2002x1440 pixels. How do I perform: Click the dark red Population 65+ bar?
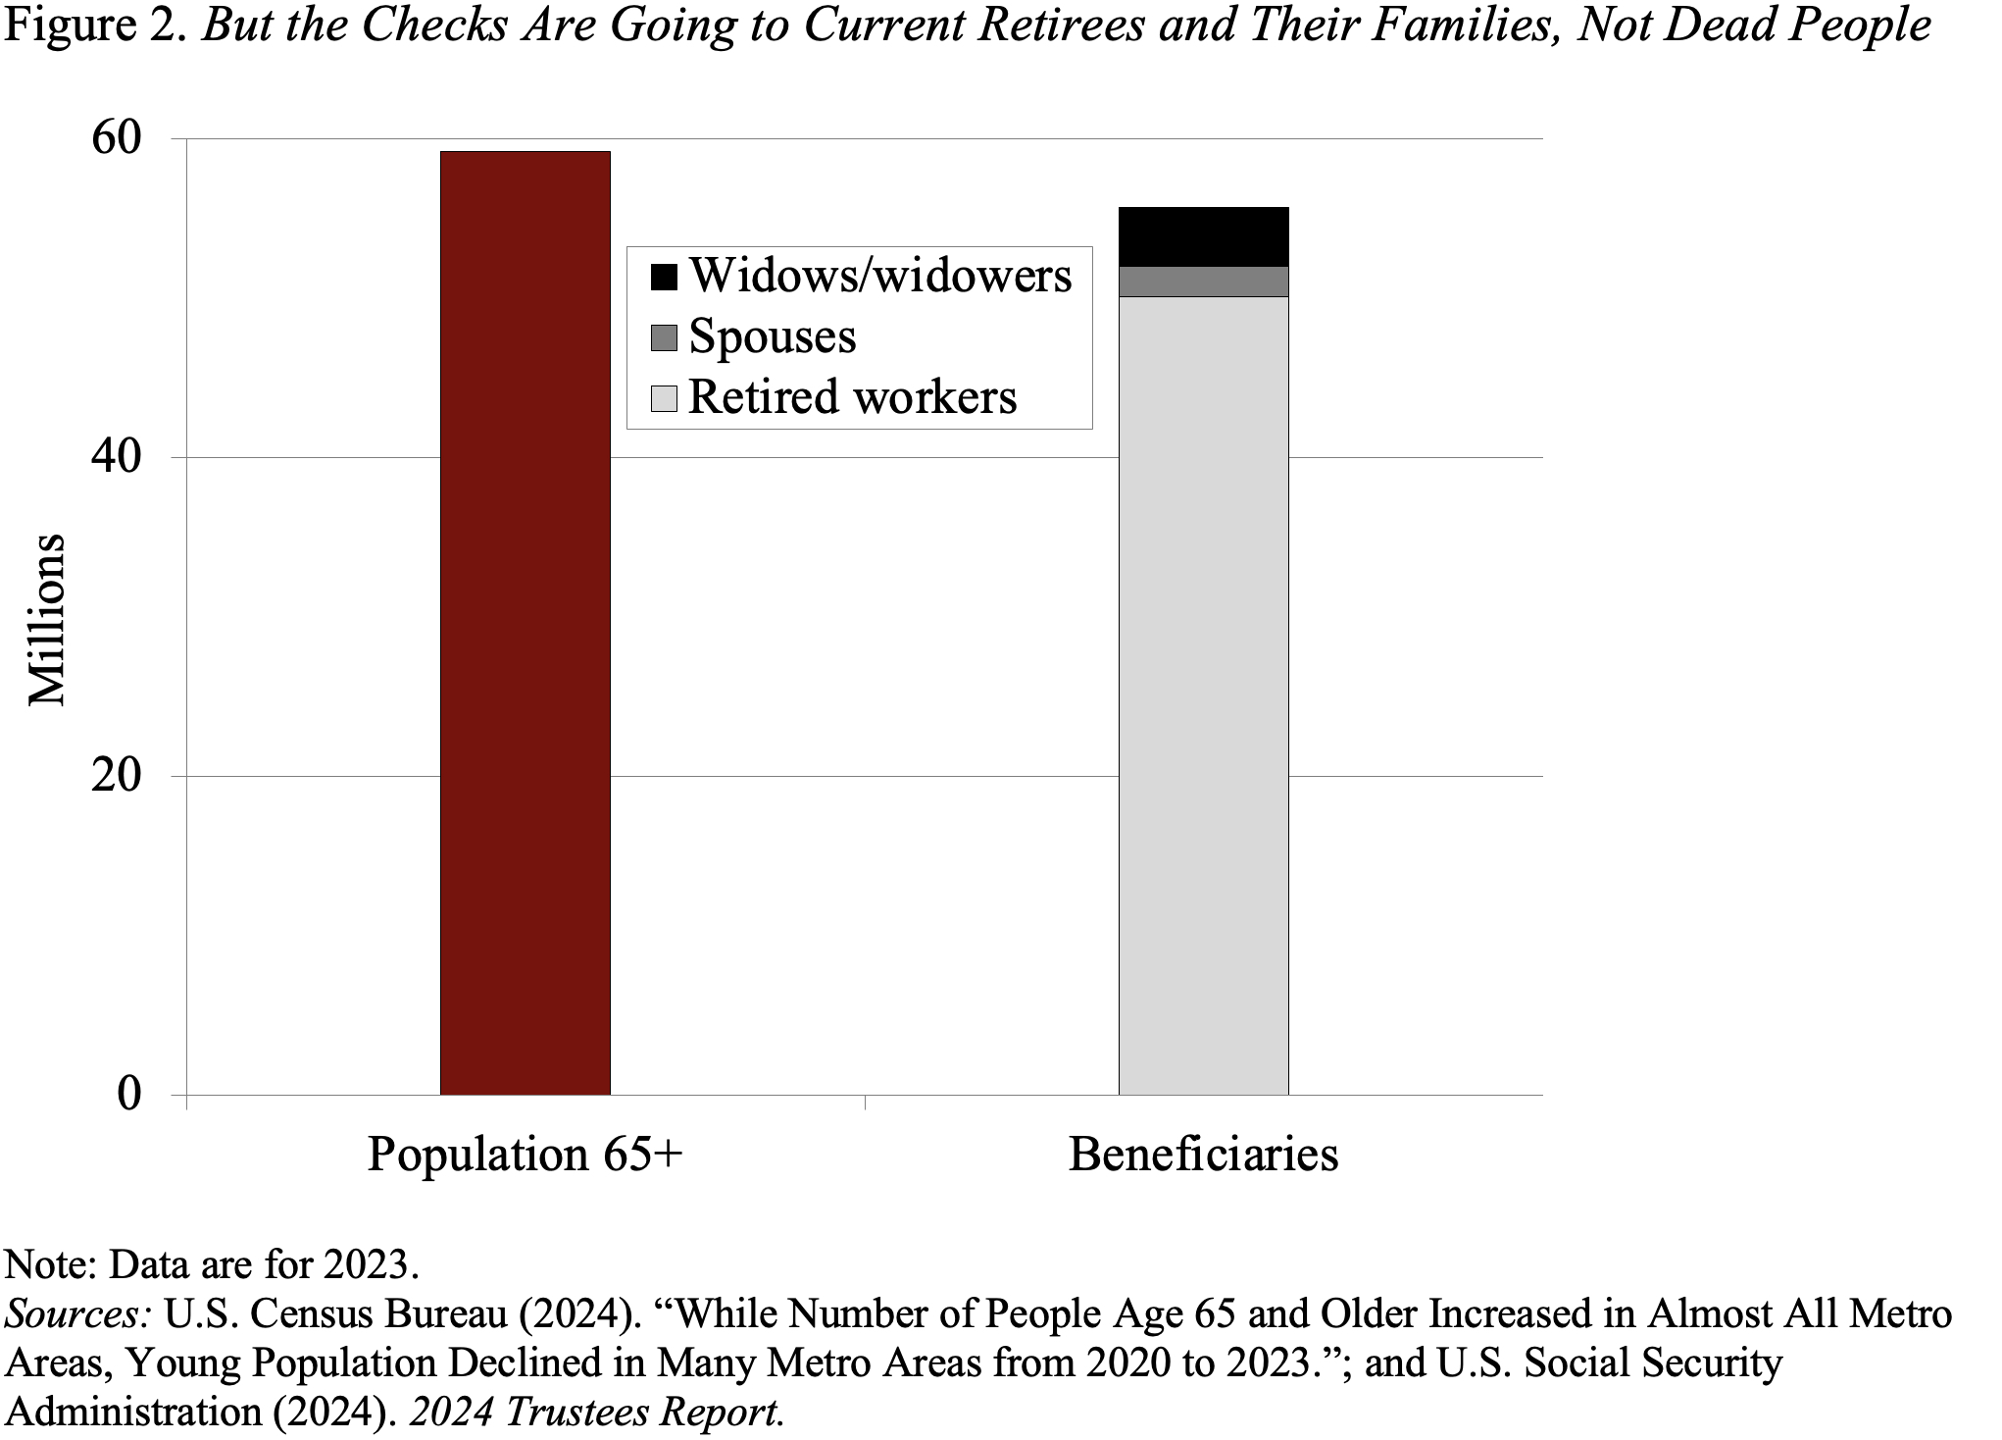point(525,623)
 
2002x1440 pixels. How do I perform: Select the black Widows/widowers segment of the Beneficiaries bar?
point(1203,236)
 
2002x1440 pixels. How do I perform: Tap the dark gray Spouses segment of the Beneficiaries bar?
point(1203,282)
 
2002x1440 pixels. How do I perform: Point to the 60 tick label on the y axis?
point(117,139)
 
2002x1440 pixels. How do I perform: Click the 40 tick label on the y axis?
point(117,458)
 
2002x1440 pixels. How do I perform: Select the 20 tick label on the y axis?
point(117,776)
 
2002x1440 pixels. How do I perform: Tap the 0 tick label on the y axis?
point(129,1094)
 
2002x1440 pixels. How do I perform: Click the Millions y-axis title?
point(46,620)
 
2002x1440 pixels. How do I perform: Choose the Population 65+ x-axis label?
point(525,1155)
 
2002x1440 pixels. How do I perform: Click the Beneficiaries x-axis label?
point(1203,1155)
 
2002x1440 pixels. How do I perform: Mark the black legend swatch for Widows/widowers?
point(664,278)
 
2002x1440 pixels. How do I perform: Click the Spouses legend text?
point(772,336)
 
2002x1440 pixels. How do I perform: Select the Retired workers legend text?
point(852,397)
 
